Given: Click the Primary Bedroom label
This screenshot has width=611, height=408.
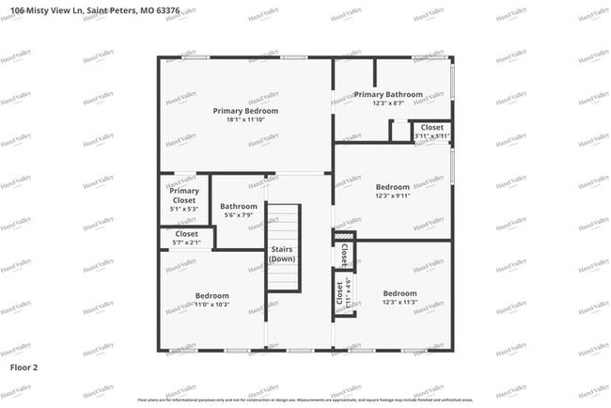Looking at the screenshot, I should click(245, 111).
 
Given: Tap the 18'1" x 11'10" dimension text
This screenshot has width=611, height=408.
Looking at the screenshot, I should click(245, 120).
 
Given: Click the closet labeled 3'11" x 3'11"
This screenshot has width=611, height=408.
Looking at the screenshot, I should click(431, 131).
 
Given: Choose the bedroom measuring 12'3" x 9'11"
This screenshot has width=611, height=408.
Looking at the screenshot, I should click(392, 191).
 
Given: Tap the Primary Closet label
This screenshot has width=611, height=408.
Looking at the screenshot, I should click(184, 196).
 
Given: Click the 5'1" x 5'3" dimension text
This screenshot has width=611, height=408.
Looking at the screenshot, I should click(184, 209).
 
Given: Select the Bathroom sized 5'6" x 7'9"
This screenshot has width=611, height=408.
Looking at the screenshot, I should click(239, 211).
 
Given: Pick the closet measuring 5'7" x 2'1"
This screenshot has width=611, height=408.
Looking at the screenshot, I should click(186, 237).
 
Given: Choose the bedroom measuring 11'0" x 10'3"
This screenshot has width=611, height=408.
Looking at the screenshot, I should click(211, 300).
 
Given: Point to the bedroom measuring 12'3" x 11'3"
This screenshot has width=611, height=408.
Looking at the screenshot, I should click(399, 297).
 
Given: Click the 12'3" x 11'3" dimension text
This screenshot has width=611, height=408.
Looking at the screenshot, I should click(399, 303).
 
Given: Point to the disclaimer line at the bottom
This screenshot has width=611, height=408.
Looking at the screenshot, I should click(305, 400).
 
